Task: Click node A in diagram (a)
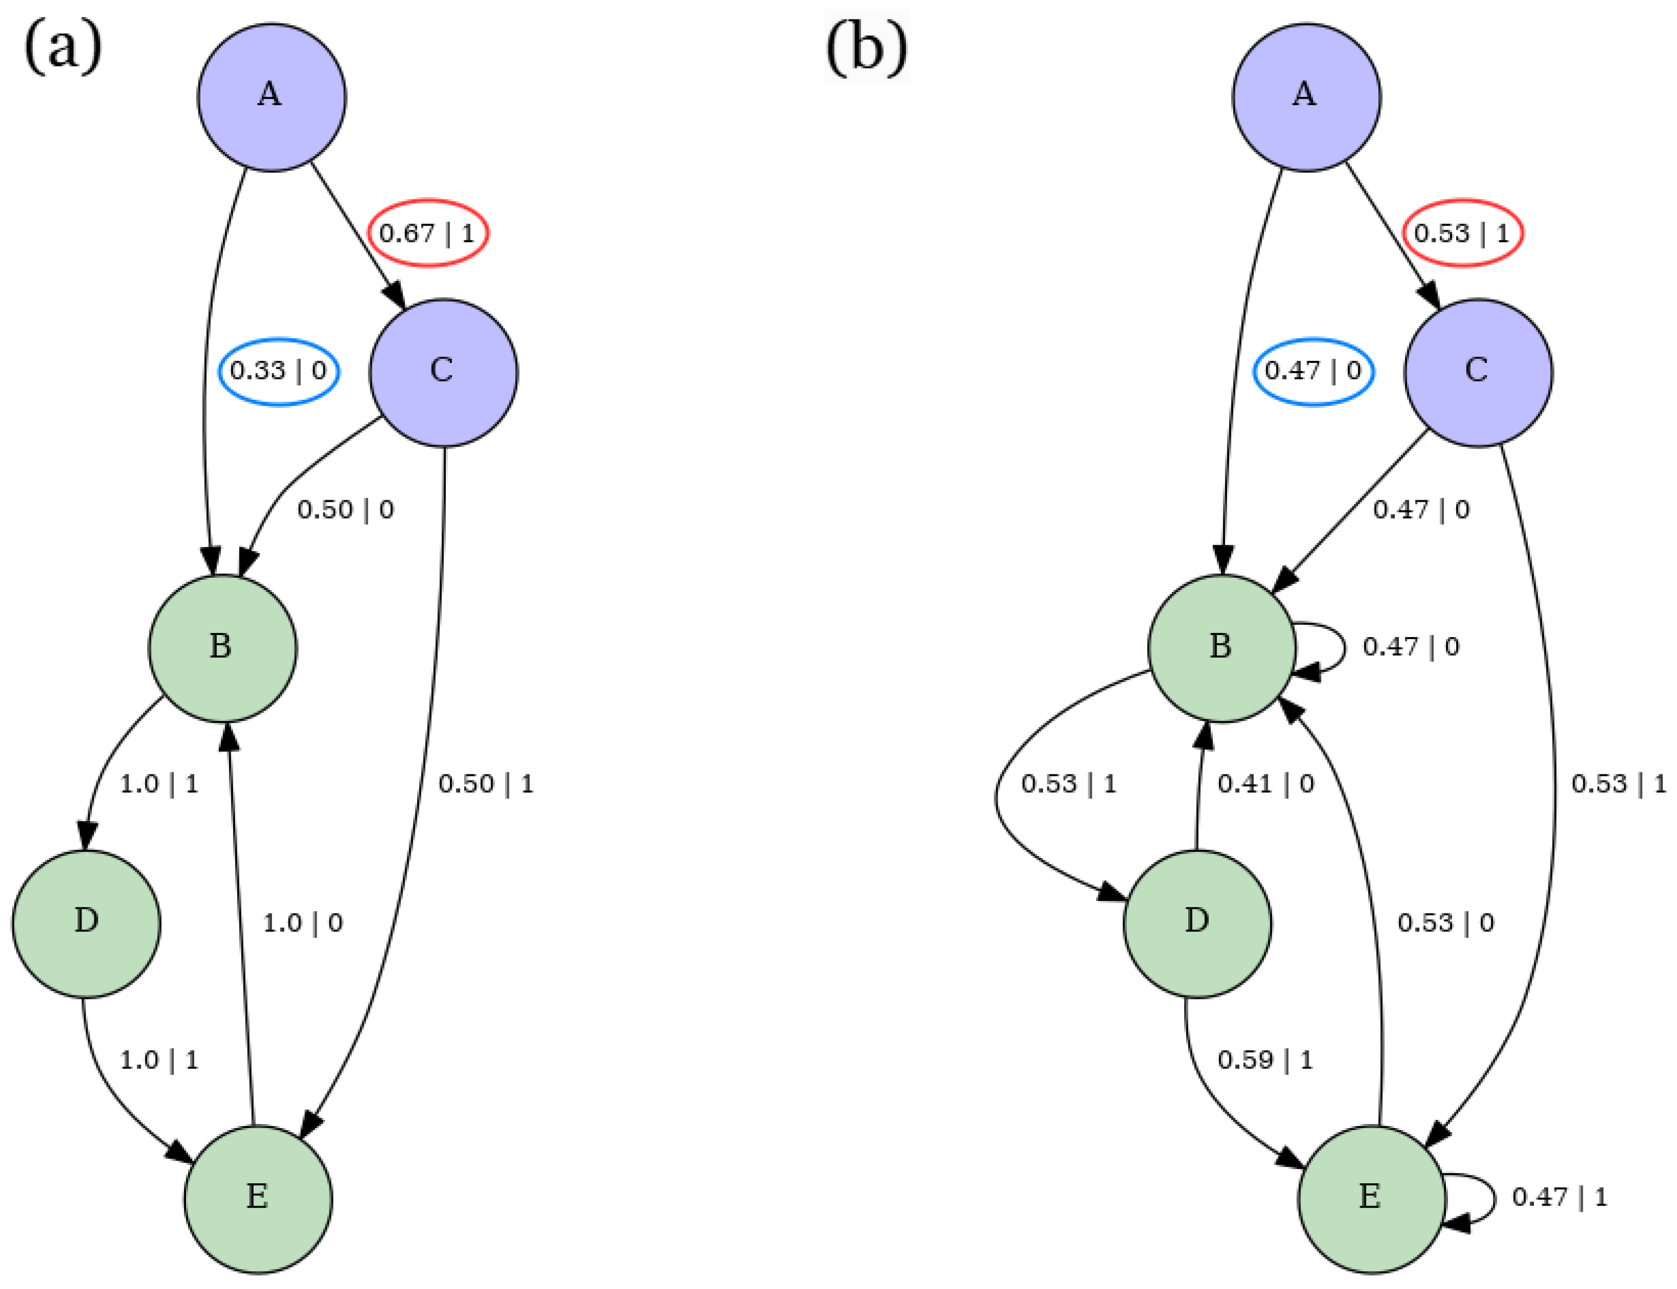pos(272,97)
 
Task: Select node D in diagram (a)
pos(86,923)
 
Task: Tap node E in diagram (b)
pos(1371,1198)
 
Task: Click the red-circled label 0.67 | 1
pos(428,233)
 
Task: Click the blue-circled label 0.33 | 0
pos(279,372)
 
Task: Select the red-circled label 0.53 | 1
pos(1462,233)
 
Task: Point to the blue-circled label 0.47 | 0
pos(1313,372)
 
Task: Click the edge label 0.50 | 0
pos(345,509)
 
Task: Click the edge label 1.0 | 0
pos(302,923)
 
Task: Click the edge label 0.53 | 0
pos(1445,923)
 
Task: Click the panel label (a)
pos(63,48)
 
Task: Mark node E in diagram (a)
pos(258,1198)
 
